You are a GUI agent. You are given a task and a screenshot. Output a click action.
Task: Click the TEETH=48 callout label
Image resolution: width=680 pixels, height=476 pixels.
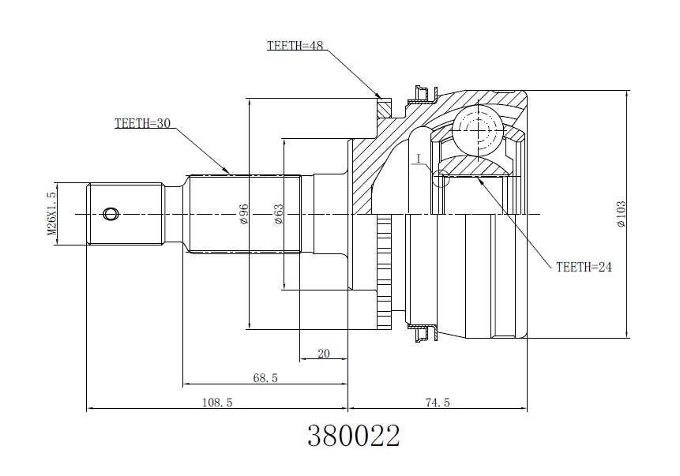tap(295, 46)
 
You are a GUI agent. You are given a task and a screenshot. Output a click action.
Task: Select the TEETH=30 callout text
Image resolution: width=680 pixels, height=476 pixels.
tap(143, 123)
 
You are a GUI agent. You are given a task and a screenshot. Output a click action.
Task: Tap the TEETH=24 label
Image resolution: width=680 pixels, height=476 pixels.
tap(584, 267)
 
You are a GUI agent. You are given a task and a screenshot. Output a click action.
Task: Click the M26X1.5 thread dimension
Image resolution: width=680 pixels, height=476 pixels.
tap(52, 214)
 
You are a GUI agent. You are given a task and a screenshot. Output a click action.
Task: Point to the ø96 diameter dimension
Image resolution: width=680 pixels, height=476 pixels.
tap(243, 214)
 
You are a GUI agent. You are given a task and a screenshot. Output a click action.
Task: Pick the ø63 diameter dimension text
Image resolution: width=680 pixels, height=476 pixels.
tap(278, 214)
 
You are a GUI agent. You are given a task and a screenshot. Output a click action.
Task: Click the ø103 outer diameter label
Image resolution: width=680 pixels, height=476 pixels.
tap(621, 214)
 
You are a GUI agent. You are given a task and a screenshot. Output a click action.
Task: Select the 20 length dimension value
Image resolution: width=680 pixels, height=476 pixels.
tap(324, 354)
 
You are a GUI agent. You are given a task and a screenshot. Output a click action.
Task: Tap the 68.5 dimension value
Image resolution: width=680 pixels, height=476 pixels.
tap(265, 378)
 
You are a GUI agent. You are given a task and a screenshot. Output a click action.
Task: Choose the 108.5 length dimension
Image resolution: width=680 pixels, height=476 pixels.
tap(217, 403)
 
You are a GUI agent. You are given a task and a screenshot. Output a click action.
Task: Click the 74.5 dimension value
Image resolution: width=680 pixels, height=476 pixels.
tap(438, 403)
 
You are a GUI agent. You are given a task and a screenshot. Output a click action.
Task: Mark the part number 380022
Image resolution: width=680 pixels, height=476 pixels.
tap(354, 436)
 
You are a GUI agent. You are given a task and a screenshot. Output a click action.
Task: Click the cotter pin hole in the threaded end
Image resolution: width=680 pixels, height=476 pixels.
tap(111, 214)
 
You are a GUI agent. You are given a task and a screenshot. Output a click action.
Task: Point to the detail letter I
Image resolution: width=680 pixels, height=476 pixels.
tap(419, 159)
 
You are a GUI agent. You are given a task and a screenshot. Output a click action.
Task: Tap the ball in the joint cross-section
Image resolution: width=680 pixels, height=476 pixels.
tap(479, 129)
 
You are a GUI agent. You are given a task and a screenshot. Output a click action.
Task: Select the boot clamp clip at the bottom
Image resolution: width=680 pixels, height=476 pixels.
tap(424, 333)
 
